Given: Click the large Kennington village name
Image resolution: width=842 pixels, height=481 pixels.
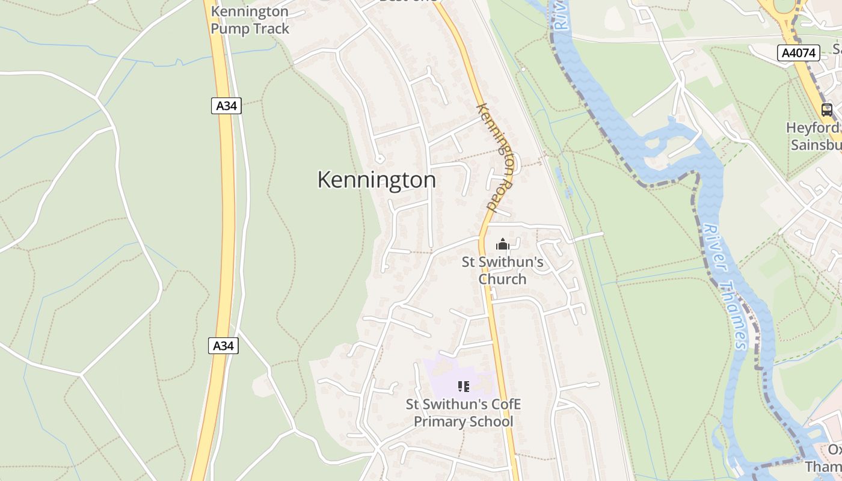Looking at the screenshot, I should tap(376, 180).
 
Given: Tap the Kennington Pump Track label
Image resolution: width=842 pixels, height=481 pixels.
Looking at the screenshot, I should tap(250, 20).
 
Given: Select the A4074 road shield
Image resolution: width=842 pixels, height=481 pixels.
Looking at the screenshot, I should tap(799, 53).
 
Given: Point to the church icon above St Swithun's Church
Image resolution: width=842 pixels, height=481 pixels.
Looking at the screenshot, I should tap(502, 244).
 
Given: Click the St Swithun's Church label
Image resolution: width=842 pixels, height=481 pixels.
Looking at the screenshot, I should tap(502, 271).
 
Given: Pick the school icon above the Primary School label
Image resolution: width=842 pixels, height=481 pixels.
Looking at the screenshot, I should tap(463, 387).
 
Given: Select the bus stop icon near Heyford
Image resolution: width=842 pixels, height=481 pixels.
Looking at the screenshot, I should tap(827, 109).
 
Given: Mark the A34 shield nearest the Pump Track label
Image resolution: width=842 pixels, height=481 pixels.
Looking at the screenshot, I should tap(226, 106).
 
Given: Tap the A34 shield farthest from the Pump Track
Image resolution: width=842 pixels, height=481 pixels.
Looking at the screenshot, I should tap(223, 346).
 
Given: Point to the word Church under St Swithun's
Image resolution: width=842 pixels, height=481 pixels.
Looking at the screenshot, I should tap(502, 279).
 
